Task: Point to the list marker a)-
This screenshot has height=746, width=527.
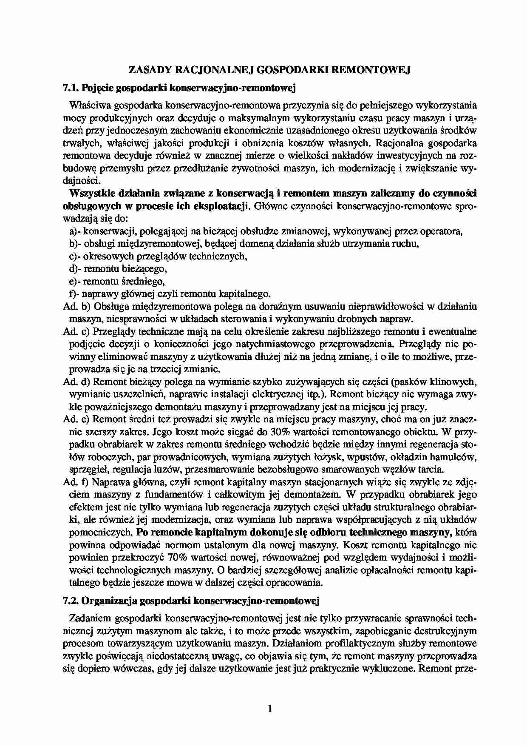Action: tap(75, 231)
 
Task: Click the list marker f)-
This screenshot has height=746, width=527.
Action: tap(74, 294)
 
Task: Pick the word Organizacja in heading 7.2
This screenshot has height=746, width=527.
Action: tap(107, 601)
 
